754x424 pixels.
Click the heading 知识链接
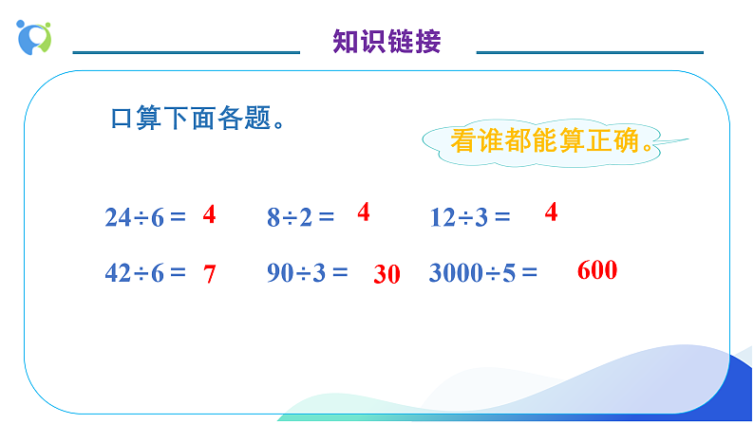coord(387,42)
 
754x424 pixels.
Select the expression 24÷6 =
coord(145,217)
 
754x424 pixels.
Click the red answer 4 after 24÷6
coord(209,215)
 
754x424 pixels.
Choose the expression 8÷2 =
coord(300,217)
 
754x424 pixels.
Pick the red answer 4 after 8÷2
coord(363,212)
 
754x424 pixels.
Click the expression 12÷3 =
coord(470,217)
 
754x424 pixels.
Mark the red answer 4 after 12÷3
coord(551,212)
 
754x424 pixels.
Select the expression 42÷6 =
coord(145,273)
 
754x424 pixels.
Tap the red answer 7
coord(210,275)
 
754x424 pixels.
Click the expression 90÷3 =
coord(308,273)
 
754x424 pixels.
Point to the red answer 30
coord(386,275)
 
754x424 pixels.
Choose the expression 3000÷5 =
coord(483,273)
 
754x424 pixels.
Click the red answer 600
coord(597,270)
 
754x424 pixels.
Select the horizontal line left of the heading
coord(186,52)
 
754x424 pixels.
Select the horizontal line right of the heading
coord(590,52)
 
